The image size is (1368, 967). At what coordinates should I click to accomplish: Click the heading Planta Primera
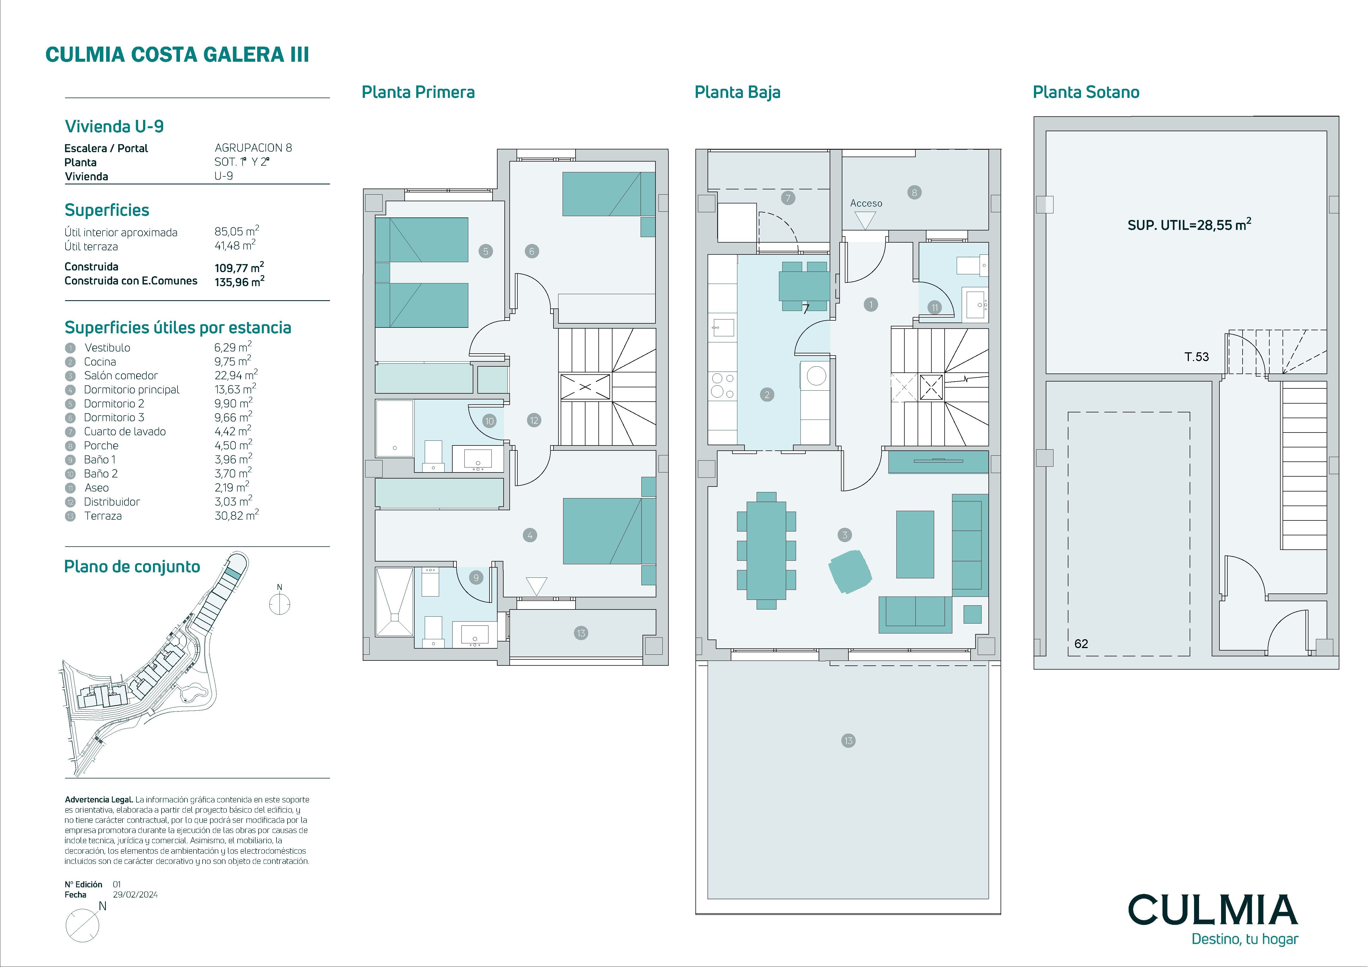(418, 92)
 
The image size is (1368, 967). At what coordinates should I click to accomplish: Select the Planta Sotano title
(1085, 92)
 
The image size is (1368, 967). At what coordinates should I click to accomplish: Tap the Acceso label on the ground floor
(866, 203)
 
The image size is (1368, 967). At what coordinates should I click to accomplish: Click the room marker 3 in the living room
(844, 535)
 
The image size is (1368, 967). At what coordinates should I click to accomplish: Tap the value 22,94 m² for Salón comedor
(236, 375)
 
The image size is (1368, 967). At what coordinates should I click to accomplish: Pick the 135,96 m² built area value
(240, 281)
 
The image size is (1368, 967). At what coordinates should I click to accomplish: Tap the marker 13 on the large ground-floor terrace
(848, 741)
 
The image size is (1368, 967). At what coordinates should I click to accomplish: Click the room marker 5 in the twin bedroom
(486, 251)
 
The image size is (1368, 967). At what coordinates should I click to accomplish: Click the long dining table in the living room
(766, 550)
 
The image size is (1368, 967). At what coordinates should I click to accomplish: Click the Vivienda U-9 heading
(114, 126)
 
